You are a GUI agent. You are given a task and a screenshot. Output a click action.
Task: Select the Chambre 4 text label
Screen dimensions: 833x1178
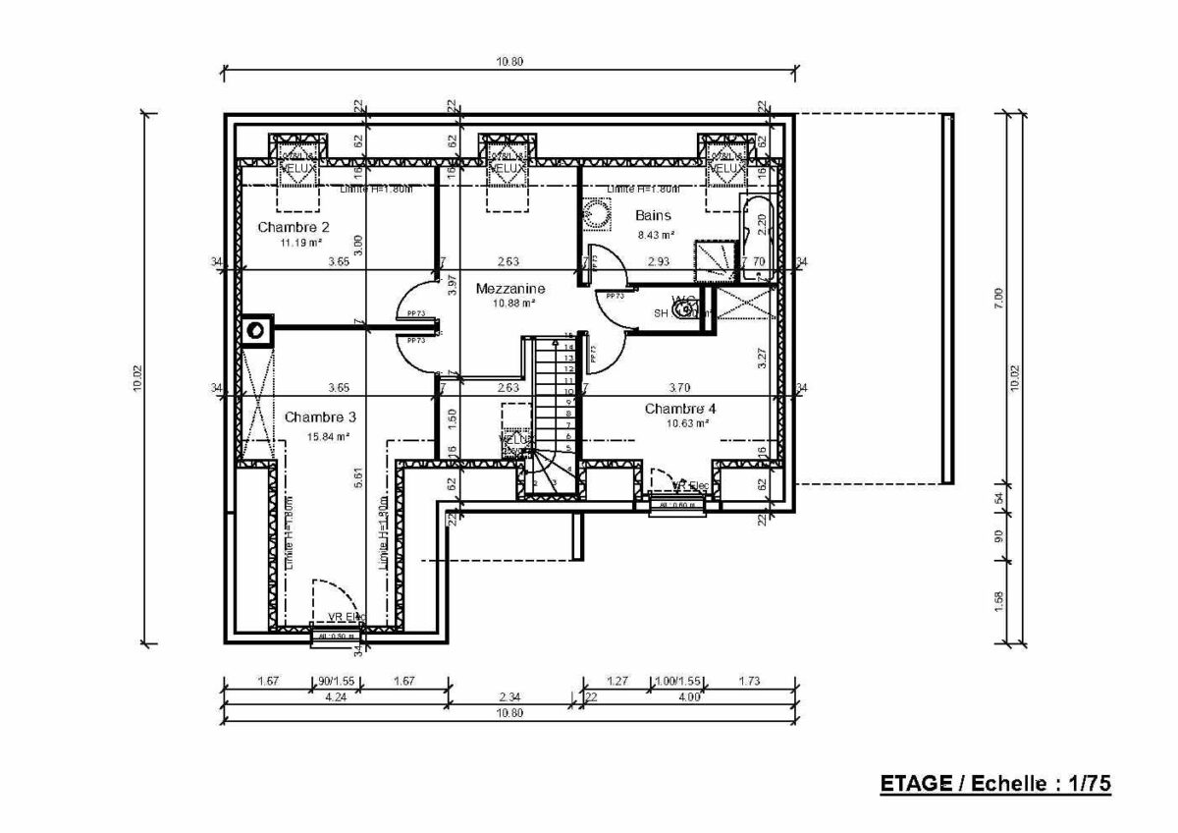(x=680, y=408)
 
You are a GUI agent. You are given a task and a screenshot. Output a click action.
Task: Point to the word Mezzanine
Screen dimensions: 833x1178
(x=510, y=289)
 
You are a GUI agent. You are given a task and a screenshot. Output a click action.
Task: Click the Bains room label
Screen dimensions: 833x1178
(x=653, y=215)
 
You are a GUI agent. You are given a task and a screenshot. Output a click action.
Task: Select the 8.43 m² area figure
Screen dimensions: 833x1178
(x=655, y=235)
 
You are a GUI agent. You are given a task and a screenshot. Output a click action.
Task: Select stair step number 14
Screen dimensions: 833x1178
(x=568, y=346)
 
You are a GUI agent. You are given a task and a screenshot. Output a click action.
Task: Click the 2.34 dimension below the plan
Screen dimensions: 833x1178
(x=509, y=697)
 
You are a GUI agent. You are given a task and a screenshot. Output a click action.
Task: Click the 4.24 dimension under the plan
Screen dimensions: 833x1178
(x=335, y=697)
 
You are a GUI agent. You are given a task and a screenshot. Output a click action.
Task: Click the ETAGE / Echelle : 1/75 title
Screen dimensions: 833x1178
(x=993, y=783)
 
